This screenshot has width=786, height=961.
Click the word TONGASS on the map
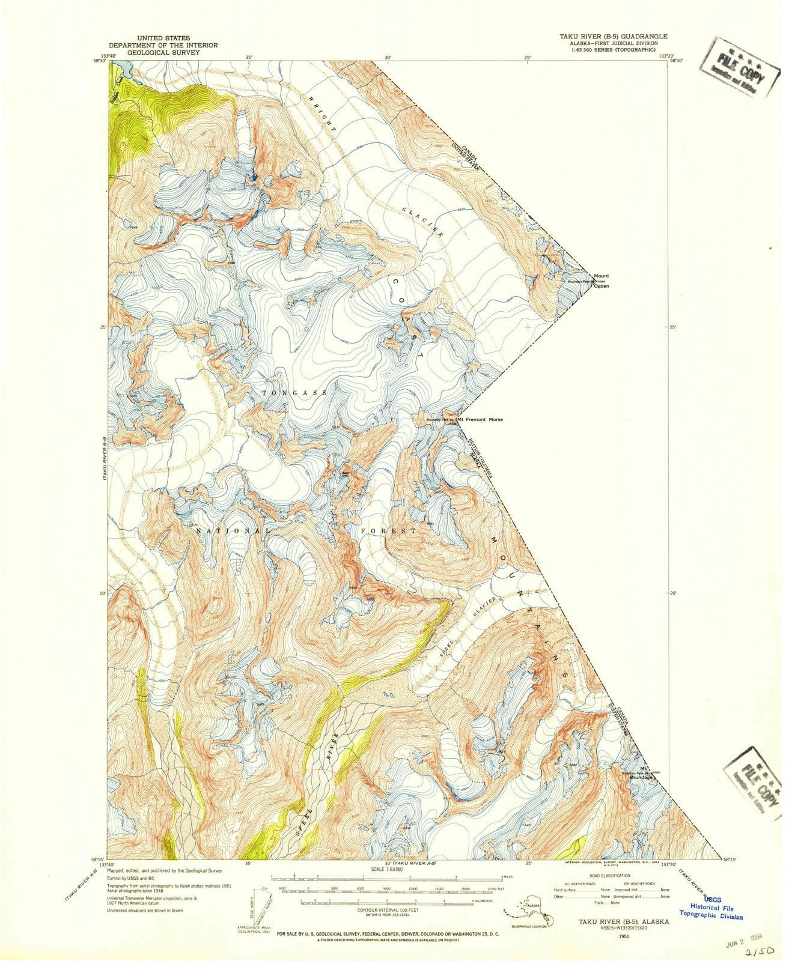pos(294,393)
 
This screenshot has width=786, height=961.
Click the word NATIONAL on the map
pos(230,531)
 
